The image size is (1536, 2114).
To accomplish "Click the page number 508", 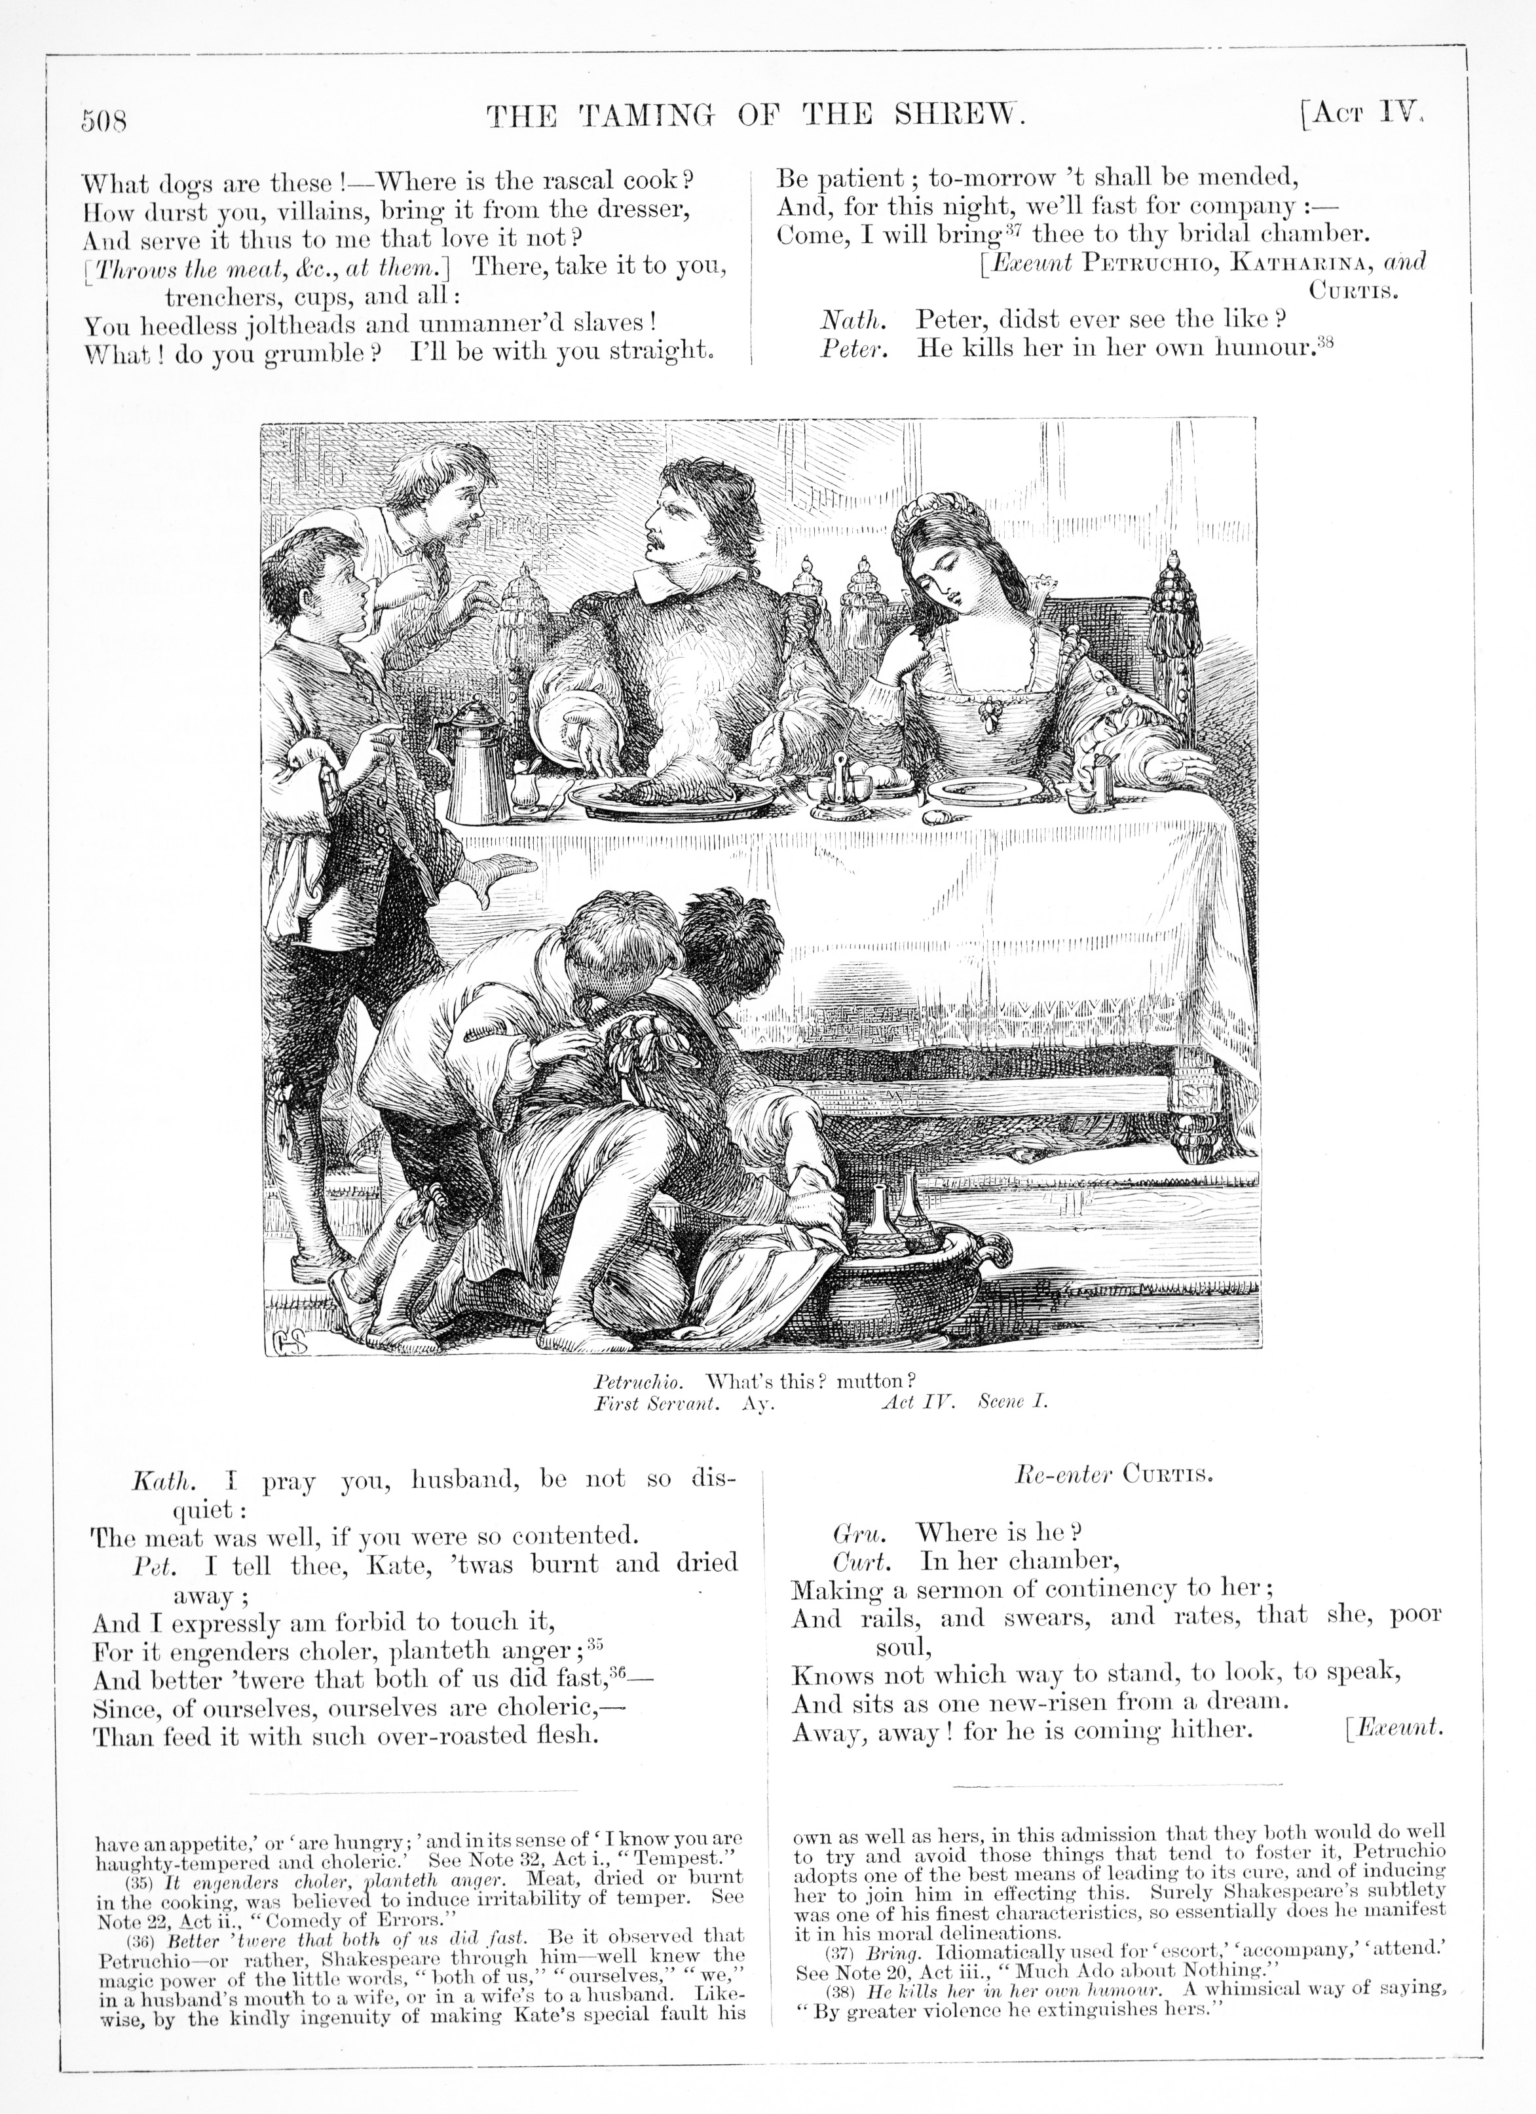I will click(x=103, y=122).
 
